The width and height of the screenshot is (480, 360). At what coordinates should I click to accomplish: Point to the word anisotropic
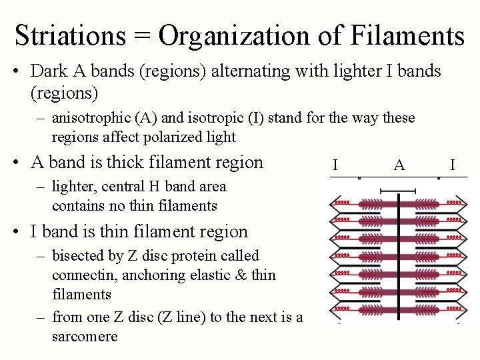[x=92, y=118]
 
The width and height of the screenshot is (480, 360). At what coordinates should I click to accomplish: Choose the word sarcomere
[x=85, y=336]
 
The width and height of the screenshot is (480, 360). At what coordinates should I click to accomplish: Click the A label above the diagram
[x=399, y=165]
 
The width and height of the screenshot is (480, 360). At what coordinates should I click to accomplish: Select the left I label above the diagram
[x=335, y=165]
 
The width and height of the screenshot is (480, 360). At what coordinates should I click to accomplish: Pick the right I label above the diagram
[x=453, y=165]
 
